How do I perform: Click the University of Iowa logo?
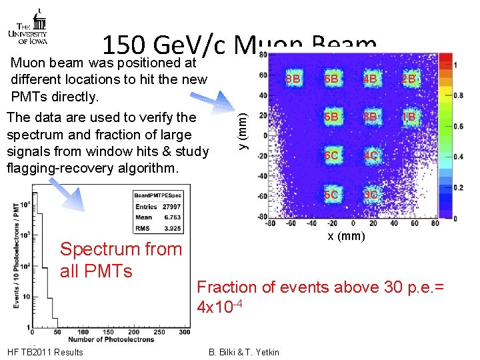pos(27,27)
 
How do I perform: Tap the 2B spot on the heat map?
pos(408,79)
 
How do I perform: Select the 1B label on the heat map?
pos(408,117)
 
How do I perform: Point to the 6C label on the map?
pos(331,157)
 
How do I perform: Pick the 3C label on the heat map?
pos(371,195)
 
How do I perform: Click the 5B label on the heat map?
pos(331,117)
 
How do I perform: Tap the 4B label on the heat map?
pos(371,79)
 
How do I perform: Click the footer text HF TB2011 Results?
pos(44,352)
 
